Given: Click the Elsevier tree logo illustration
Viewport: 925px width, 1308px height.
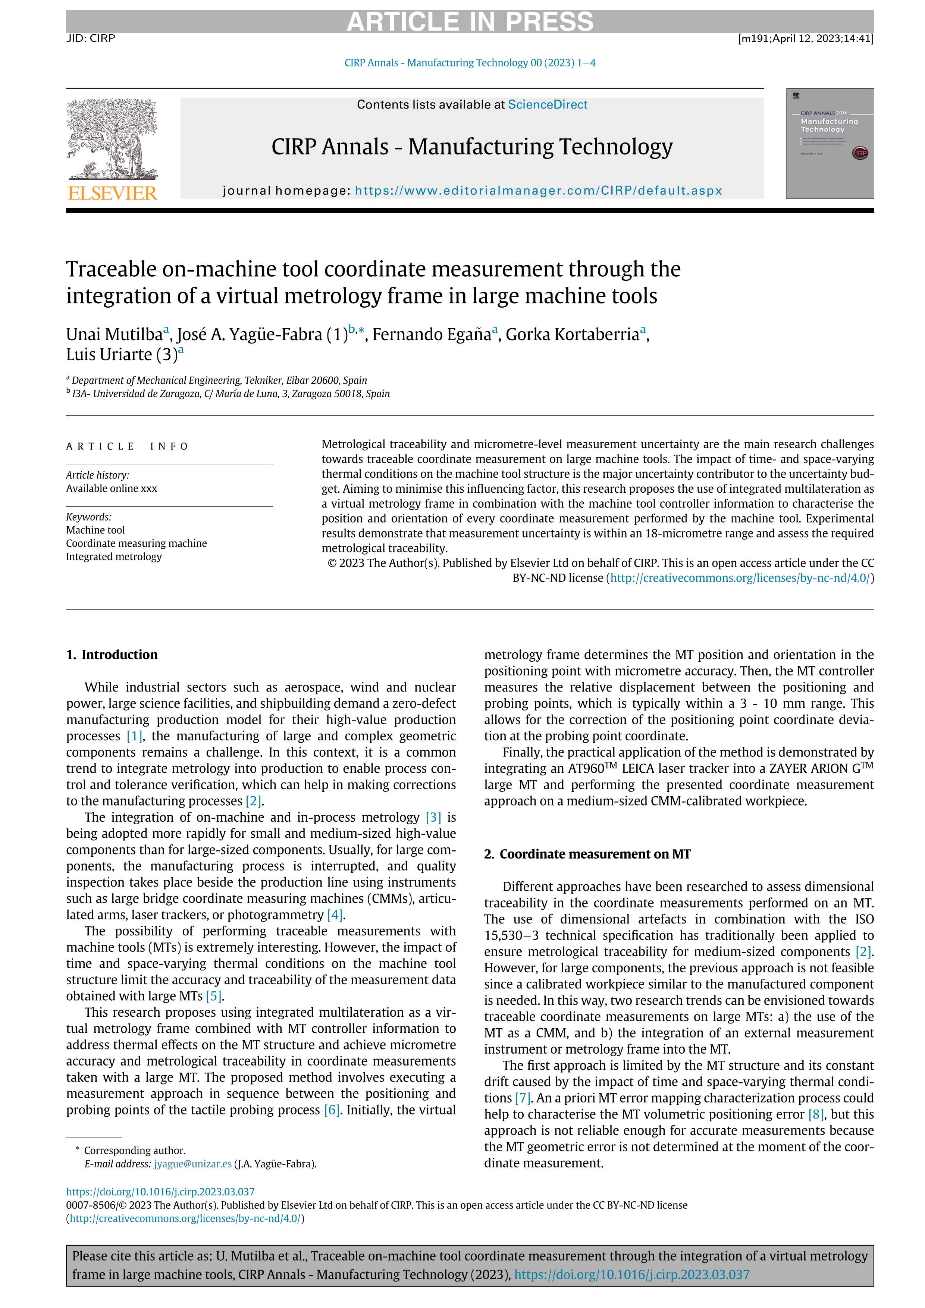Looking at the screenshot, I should click(112, 139).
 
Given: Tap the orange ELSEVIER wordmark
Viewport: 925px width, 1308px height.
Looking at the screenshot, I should click(112, 193).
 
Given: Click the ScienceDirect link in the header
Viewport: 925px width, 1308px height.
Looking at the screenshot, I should click(548, 105).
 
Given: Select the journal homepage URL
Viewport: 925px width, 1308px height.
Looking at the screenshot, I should click(538, 191).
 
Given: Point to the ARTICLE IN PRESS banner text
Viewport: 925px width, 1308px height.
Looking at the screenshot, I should click(470, 22).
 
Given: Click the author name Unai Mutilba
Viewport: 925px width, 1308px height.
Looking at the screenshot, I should click(115, 335).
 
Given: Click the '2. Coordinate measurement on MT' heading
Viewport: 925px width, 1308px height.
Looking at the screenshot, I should click(587, 854).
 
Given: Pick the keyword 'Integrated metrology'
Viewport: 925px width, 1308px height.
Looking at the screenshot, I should click(114, 556).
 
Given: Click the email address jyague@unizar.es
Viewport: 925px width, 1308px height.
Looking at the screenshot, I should click(192, 1164).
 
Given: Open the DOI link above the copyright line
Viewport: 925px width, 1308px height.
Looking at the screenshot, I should click(160, 1192).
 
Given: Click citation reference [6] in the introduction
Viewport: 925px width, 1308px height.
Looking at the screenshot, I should click(332, 1110).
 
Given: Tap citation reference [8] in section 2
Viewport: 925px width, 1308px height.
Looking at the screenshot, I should click(816, 1114).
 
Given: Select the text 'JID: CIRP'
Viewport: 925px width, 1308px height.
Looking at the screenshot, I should click(91, 38).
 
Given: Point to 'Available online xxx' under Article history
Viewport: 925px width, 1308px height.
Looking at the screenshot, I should click(112, 488).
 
